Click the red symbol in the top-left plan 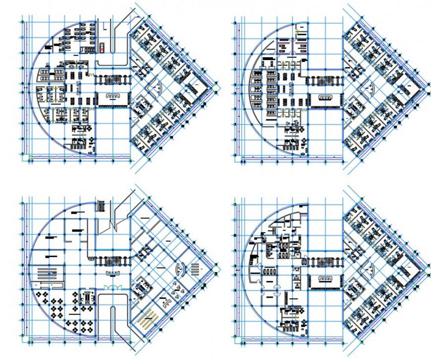102,49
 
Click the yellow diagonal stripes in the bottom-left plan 149,315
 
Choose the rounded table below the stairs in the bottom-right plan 324,278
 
